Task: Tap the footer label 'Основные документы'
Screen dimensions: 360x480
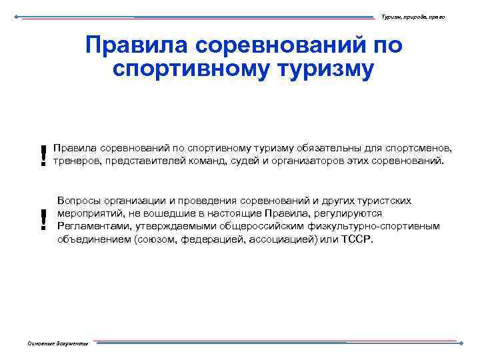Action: coord(58,343)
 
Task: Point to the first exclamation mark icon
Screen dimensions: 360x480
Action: coord(44,155)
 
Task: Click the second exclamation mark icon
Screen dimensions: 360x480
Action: coord(44,219)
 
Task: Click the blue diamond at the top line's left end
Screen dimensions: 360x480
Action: coord(16,16)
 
